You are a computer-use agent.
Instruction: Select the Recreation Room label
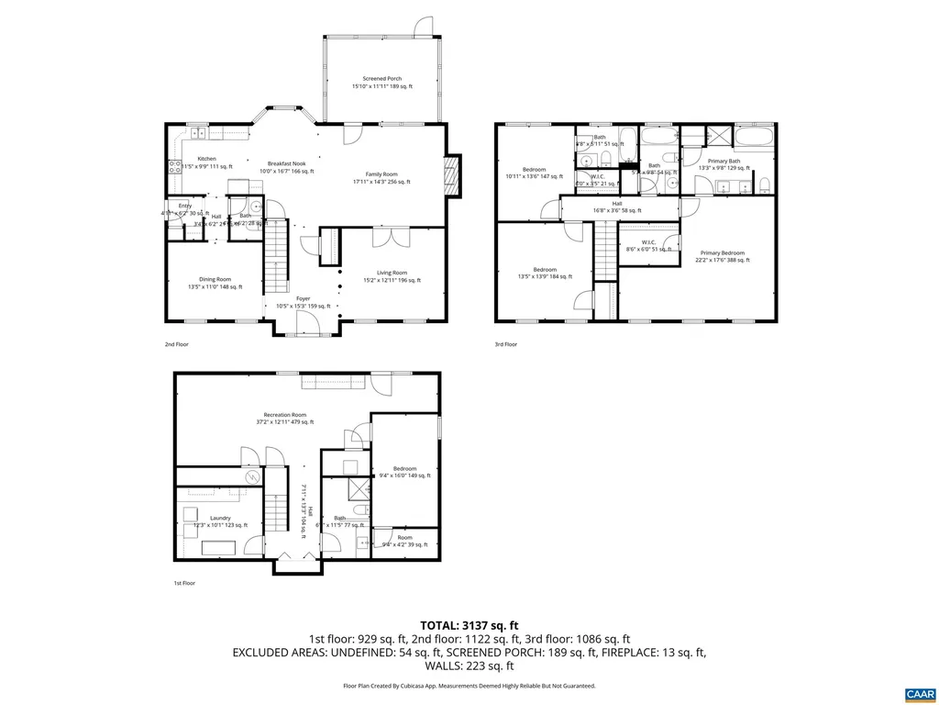click(x=285, y=418)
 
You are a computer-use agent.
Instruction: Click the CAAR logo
click(x=919, y=693)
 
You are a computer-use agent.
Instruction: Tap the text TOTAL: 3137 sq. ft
click(x=469, y=623)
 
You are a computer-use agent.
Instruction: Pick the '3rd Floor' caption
click(x=505, y=344)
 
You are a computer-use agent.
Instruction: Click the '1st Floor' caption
click(x=184, y=583)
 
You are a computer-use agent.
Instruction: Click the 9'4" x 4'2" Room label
click(x=403, y=541)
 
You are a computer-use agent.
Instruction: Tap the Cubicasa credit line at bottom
click(x=469, y=686)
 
